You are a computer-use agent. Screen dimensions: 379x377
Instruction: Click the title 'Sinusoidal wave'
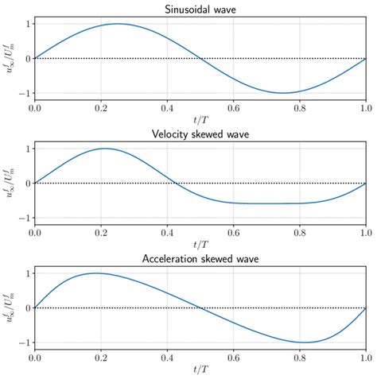tap(200, 9)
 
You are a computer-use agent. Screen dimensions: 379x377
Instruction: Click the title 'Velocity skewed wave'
tap(200, 133)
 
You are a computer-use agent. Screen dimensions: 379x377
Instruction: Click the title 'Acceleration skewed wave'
tap(200, 258)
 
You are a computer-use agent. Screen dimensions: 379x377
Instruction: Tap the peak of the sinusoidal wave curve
tap(118, 24)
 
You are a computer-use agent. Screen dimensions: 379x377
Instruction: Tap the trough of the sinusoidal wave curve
tap(283, 93)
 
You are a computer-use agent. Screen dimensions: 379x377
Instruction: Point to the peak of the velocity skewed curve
tap(104, 149)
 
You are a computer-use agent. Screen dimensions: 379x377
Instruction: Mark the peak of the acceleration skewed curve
tap(96, 273)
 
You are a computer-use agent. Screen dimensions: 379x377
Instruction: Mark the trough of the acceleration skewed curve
tap(303, 342)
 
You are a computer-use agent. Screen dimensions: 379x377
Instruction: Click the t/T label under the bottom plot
tap(200, 371)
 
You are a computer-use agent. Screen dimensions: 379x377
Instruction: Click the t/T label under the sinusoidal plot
tap(200, 122)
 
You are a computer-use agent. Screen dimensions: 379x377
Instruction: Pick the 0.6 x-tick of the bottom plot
tap(233, 358)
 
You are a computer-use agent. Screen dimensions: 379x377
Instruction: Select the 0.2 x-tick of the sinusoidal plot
tap(101, 108)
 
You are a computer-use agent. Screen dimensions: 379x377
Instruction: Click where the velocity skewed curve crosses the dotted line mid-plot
tap(177, 184)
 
